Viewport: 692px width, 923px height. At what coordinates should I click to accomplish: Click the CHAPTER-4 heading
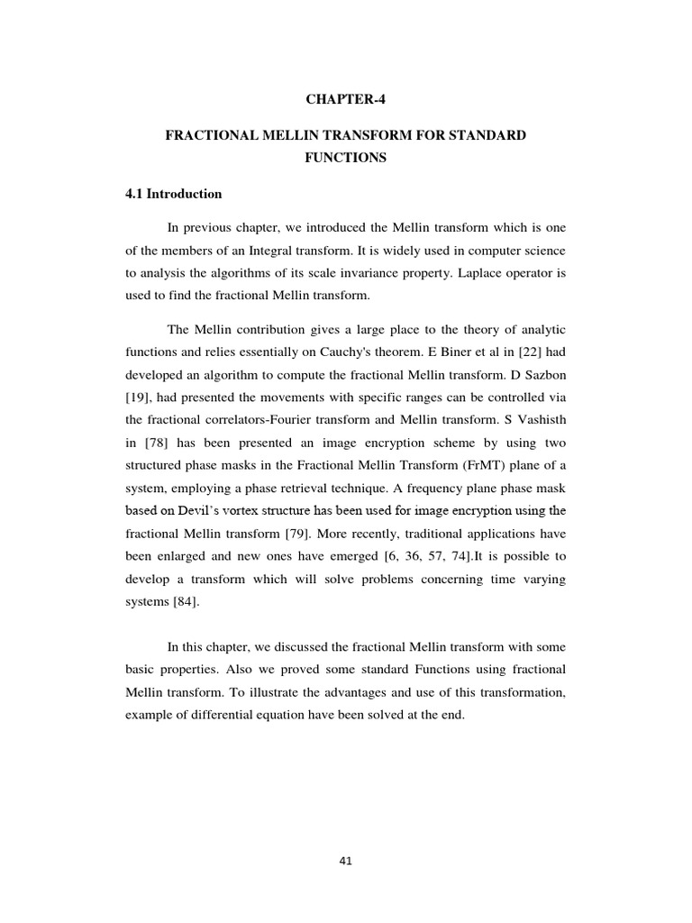(x=345, y=100)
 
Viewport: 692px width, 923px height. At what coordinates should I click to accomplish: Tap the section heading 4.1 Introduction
(x=173, y=194)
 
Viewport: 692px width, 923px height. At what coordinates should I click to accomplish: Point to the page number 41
(x=346, y=861)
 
